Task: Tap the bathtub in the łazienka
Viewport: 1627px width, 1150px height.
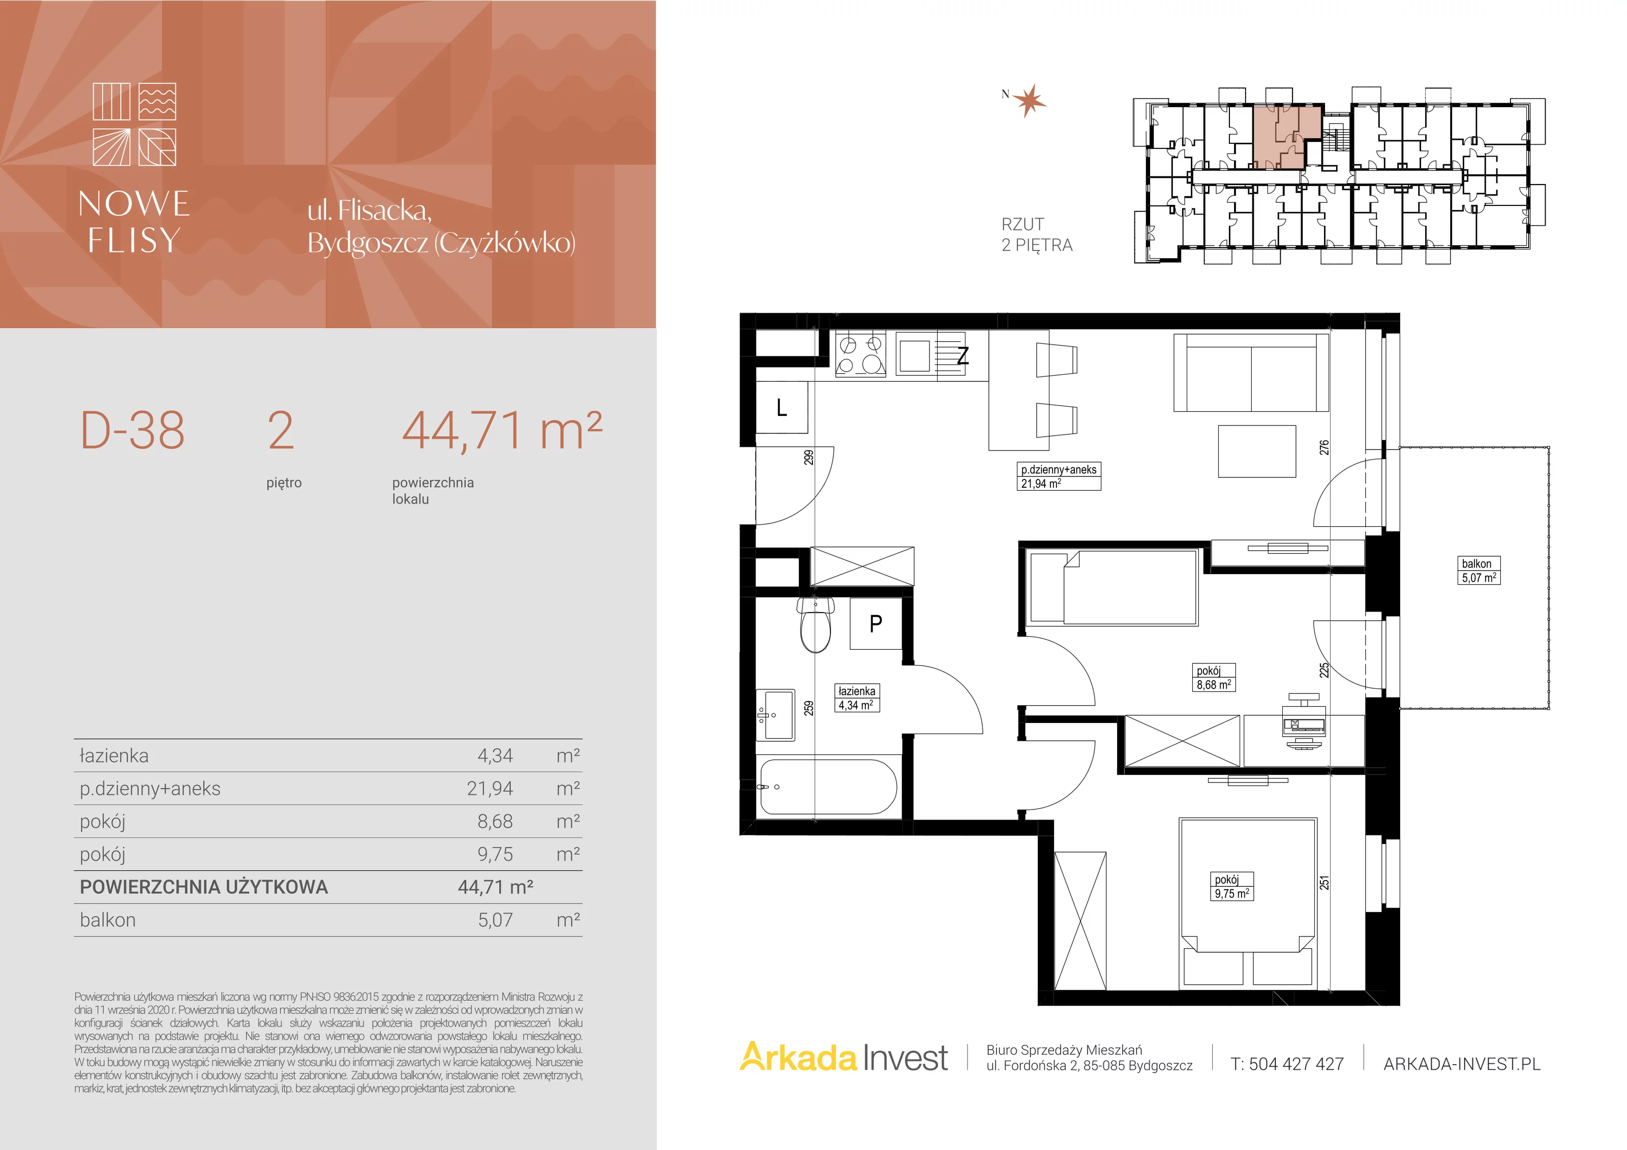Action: pos(828,787)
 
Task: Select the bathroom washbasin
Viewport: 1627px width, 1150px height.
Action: pos(776,714)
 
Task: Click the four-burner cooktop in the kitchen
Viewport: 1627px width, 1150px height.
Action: pos(861,354)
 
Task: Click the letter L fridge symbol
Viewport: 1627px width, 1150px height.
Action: pos(781,407)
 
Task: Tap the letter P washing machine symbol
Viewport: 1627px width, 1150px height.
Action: pos(876,623)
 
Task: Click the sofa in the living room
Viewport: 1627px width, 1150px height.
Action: pos(1251,373)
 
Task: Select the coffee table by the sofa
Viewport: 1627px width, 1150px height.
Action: pos(1257,451)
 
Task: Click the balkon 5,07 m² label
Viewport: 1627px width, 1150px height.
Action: pos(1479,570)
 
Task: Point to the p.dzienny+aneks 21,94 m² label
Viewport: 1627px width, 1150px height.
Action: pos(1060,476)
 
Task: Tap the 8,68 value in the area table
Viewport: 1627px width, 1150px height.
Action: pos(495,821)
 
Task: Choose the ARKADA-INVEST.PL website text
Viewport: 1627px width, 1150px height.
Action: pos(1462,1064)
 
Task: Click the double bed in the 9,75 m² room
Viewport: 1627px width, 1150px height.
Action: pos(1248,902)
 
